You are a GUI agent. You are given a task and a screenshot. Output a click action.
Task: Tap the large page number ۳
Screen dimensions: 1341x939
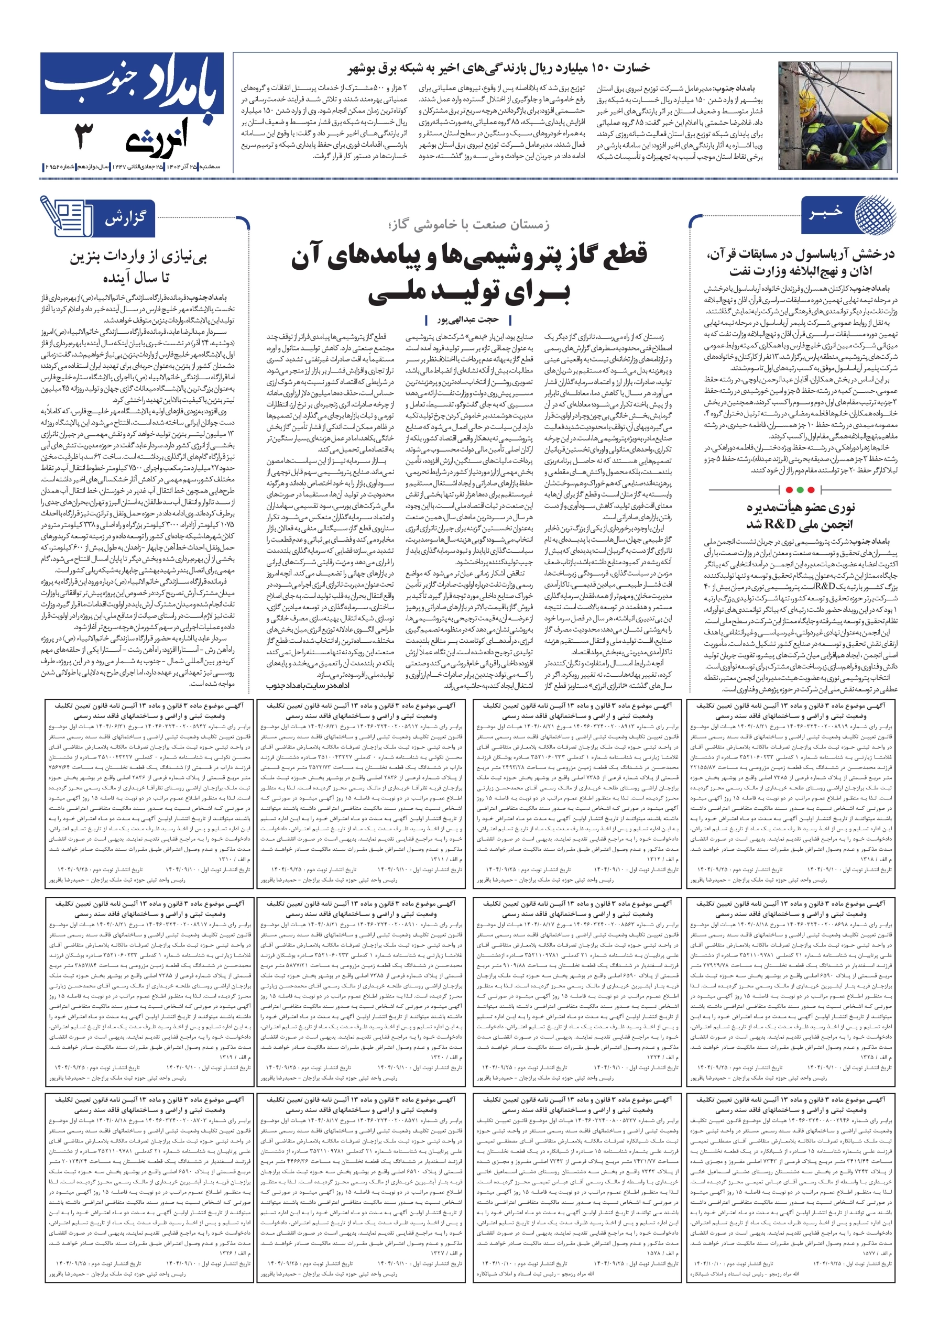(83, 137)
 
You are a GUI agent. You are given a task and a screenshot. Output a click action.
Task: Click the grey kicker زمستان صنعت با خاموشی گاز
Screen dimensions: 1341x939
(468, 225)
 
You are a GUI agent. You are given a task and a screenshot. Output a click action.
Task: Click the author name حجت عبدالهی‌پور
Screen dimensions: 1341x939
(468, 320)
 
